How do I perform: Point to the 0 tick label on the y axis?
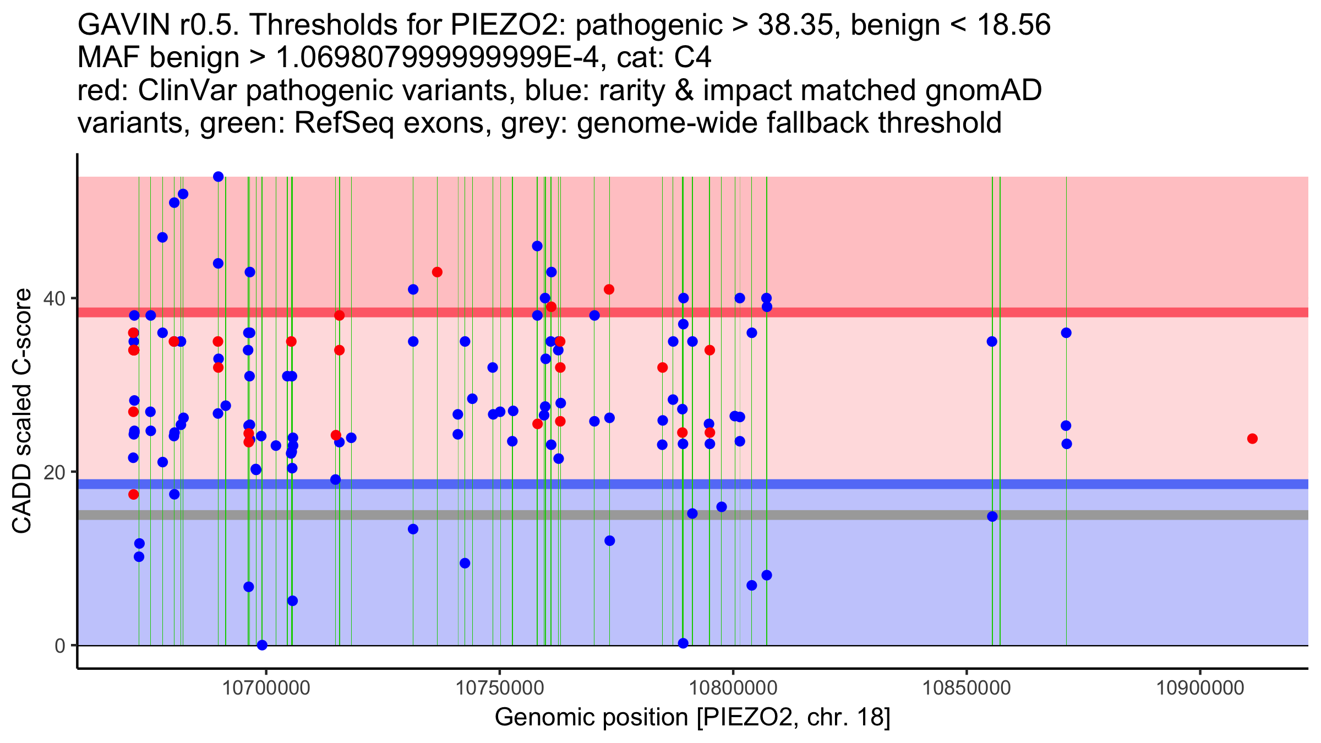(x=59, y=646)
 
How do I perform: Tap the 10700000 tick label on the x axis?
(x=266, y=688)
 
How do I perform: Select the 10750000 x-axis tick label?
(x=500, y=688)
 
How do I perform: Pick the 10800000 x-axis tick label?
(x=733, y=688)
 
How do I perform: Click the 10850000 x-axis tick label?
(x=967, y=688)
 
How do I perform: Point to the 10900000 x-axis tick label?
(x=1200, y=688)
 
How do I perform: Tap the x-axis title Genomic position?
(x=692, y=718)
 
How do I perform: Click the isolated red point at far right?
(x=1252, y=439)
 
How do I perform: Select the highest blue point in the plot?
(x=219, y=177)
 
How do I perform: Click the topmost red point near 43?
(x=437, y=272)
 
